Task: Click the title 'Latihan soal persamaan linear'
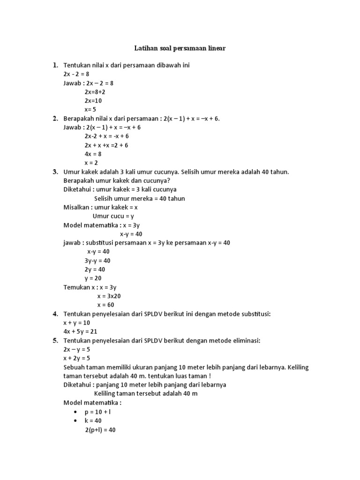[x=180, y=48]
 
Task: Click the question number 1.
[x=55, y=65]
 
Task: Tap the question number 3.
[x=55, y=172]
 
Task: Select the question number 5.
[x=55, y=340]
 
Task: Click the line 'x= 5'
[x=90, y=110]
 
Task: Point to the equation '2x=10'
[x=93, y=101]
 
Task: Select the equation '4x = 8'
[x=93, y=154]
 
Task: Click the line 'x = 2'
[x=92, y=163]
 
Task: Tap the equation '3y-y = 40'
[x=97, y=261]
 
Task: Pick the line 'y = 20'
[x=93, y=278]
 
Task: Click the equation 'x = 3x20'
[x=109, y=296]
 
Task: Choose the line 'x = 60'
[x=106, y=305]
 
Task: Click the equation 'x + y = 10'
[x=77, y=323]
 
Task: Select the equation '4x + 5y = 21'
[x=80, y=332]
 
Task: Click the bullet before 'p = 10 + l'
[x=75, y=412]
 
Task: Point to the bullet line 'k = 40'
[x=93, y=420]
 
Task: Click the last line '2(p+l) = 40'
[x=100, y=429]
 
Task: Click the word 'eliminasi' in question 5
[x=244, y=340]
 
